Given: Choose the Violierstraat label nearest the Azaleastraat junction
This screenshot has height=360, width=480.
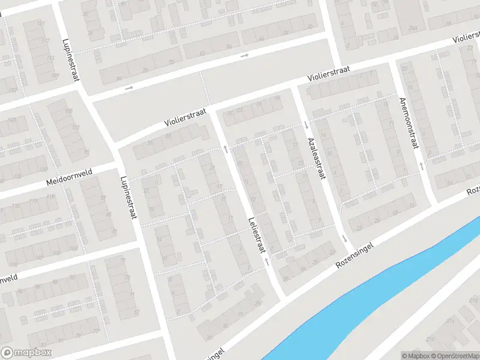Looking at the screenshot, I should [329, 74].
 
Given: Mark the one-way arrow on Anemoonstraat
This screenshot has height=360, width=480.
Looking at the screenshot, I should [421, 165].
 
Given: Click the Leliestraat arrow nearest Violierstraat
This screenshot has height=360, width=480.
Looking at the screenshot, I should [226, 148].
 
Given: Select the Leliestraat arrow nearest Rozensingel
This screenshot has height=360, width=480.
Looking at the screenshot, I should [266, 262].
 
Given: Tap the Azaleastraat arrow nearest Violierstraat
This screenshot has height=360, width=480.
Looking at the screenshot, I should [306, 125].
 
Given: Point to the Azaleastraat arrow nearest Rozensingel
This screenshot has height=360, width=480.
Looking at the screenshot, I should [345, 238].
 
